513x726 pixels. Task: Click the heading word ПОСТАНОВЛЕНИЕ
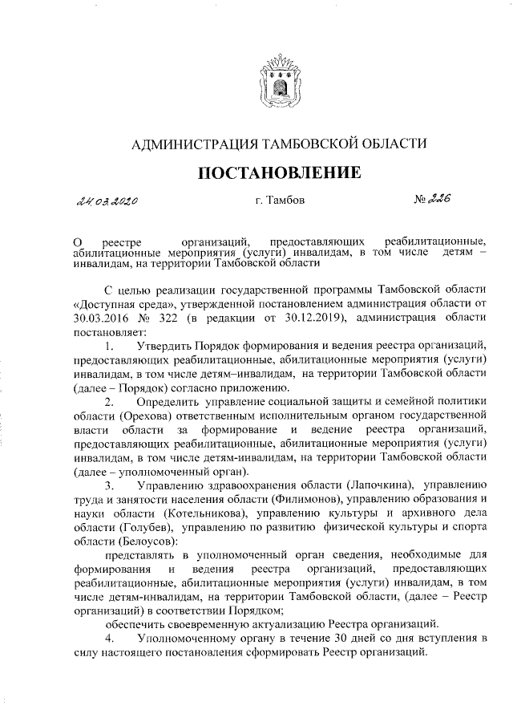coord(274,172)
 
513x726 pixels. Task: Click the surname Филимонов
coord(273,499)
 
